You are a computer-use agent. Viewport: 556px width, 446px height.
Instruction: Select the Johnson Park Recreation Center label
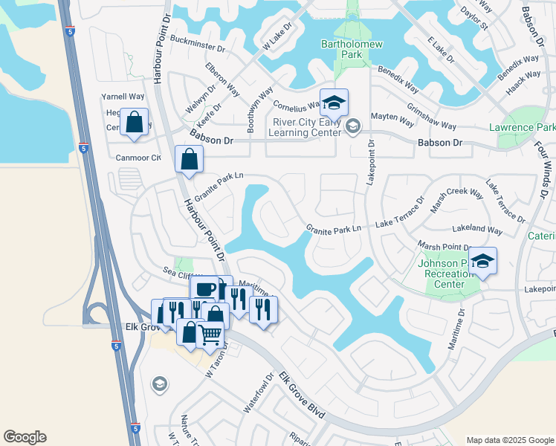coord(447,274)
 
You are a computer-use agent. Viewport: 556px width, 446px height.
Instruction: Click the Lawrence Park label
coord(522,128)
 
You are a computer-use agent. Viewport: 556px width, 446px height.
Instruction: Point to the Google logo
coord(25,437)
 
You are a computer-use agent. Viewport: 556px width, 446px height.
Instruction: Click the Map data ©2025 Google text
coord(509,440)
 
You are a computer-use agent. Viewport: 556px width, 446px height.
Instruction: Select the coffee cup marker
coord(204,288)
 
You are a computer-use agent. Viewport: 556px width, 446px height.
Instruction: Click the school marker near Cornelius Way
coord(334,101)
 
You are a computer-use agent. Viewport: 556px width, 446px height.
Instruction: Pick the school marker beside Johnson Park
coord(482,260)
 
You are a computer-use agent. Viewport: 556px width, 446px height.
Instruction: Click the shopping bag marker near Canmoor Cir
coord(190,158)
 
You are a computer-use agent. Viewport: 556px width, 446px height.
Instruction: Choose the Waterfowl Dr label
coord(259,398)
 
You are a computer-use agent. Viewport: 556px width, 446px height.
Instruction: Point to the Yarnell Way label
coord(123,97)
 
